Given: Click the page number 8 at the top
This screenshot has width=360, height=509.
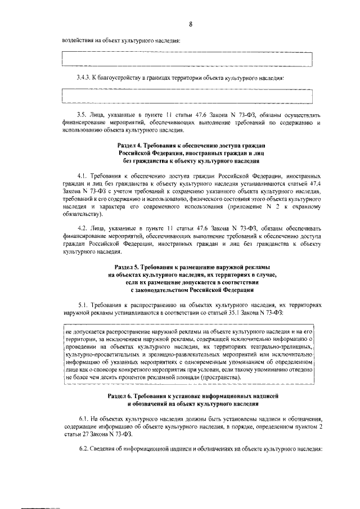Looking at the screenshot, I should pos(191,24).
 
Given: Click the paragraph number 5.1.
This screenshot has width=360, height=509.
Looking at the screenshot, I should pos(84,303).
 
